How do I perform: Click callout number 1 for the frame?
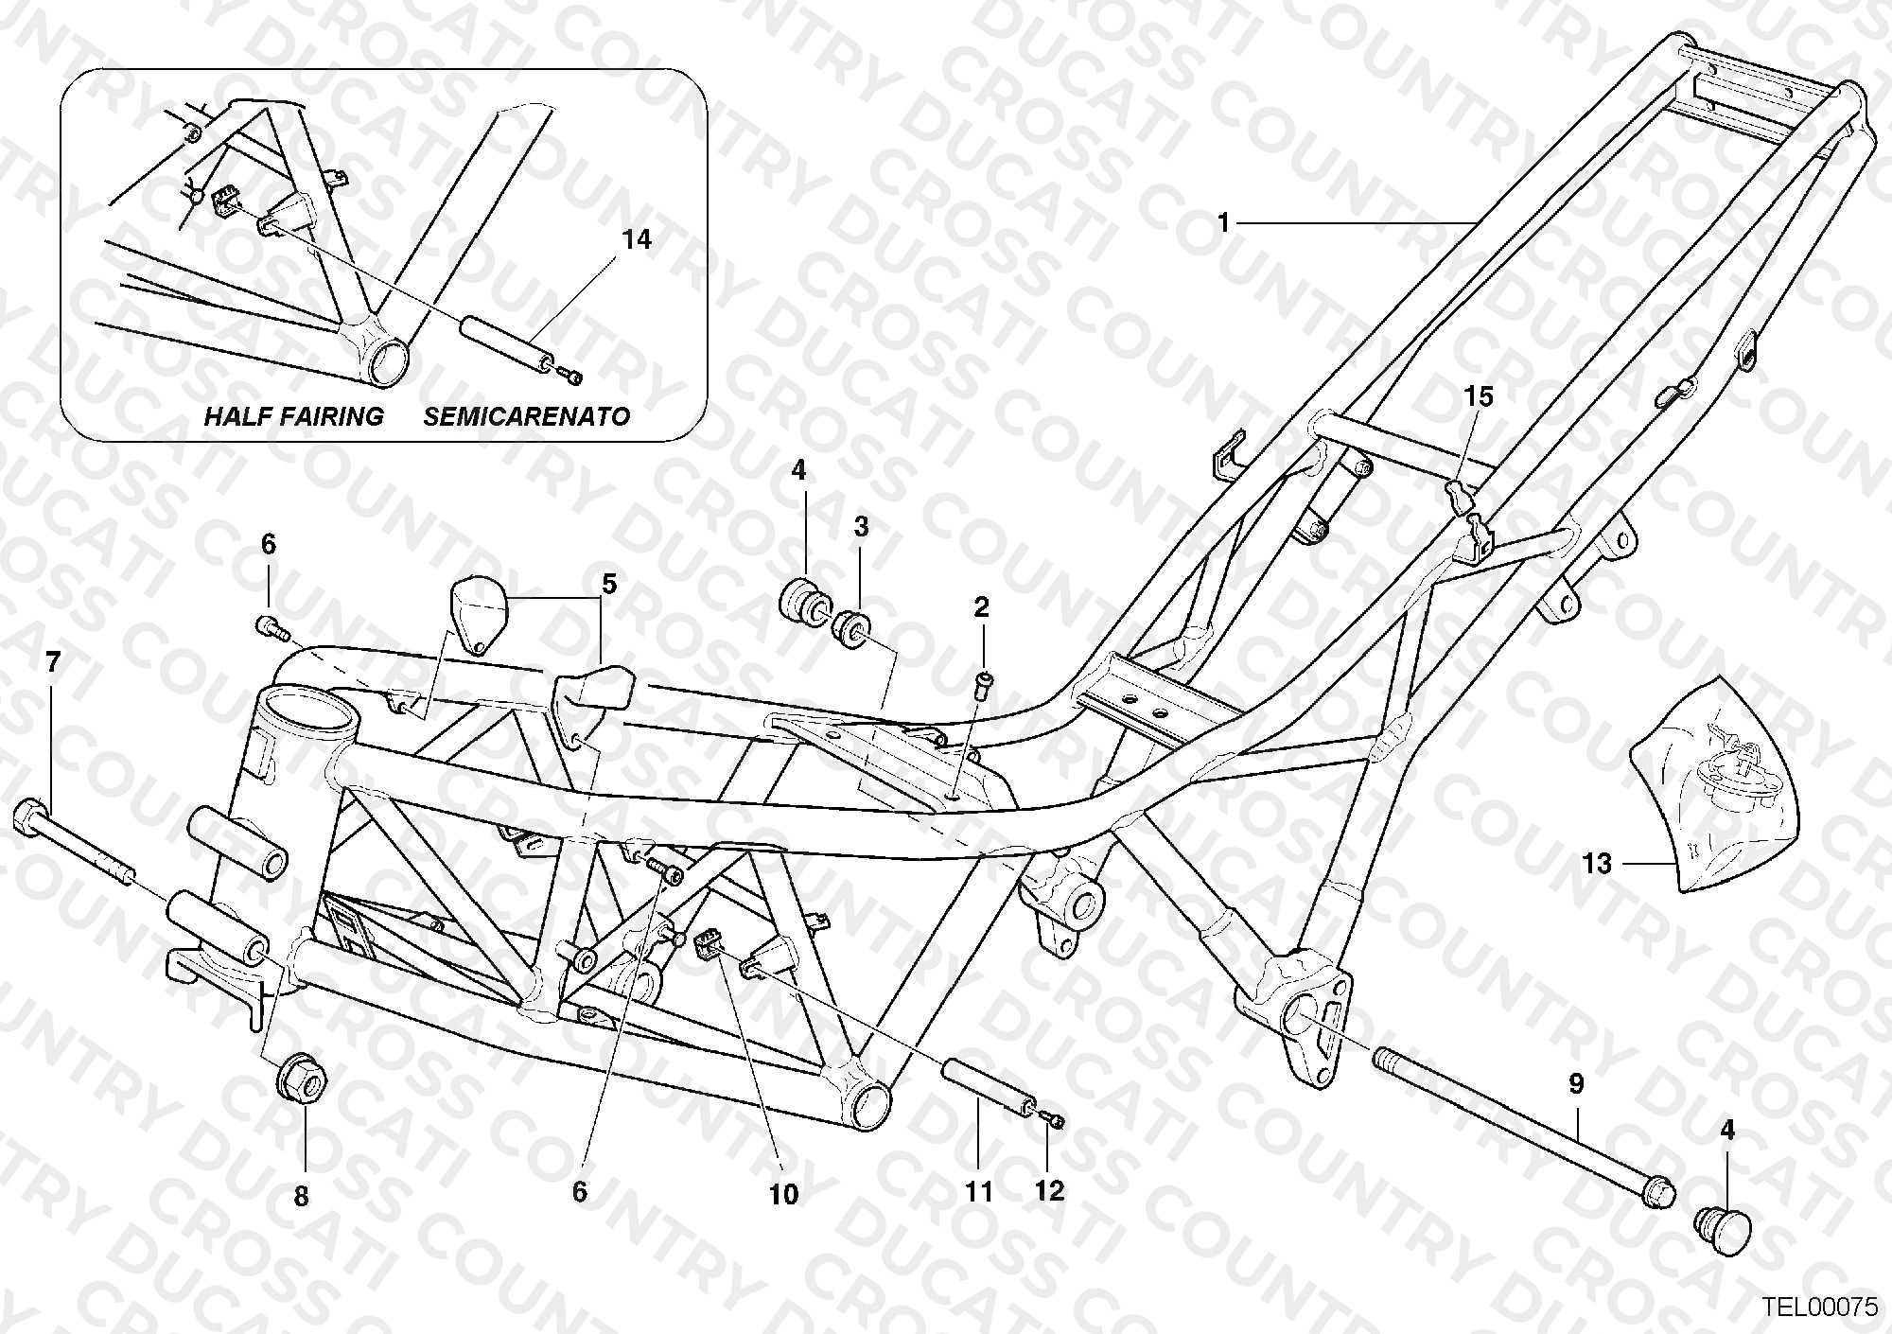(x=1223, y=224)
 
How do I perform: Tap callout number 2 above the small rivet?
(x=981, y=607)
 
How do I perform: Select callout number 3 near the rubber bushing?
(x=861, y=527)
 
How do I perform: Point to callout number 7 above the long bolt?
(x=53, y=662)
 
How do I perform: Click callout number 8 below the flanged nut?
(x=301, y=1197)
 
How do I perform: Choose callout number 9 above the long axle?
(x=1576, y=1084)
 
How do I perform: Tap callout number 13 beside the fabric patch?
(x=1597, y=863)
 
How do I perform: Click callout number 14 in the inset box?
(x=638, y=239)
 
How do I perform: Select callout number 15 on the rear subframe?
(x=1480, y=396)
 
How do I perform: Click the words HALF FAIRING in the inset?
(x=294, y=416)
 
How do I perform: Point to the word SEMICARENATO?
(x=527, y=416)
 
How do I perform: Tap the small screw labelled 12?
(x=1054, y=1121)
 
